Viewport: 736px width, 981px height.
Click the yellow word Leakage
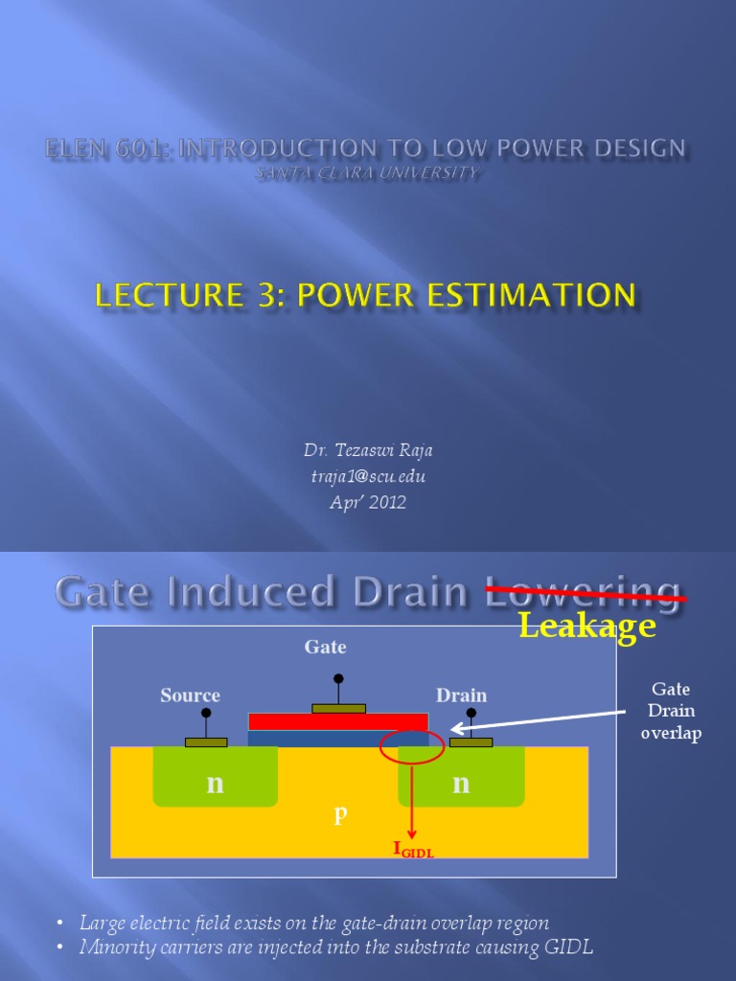coord(586,627)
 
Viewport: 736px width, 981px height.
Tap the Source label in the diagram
coord(190,696)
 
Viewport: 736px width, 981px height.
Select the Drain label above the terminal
coord(461,696)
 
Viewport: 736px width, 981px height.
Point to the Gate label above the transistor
coord(325,648)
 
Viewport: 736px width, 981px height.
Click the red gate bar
coord(337,721)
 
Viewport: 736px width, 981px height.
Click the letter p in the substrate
coord(339,814)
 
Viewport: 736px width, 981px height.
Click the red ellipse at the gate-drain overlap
coord(412,747)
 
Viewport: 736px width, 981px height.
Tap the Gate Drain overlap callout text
coord(671,711)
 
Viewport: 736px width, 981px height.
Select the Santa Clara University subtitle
coord(366,174)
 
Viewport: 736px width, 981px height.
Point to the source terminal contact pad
coord(206,741)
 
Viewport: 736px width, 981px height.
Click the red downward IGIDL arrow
coord(412,800)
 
